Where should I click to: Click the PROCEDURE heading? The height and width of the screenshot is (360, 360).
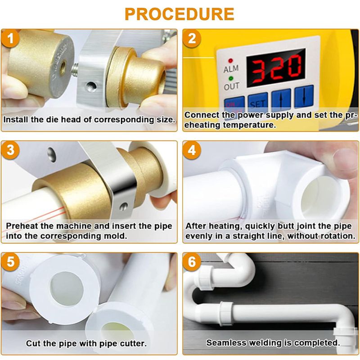pyautogui.click(x=180, y=14)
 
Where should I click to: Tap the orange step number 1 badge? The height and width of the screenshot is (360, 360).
pyautogui.click(x=10, y=38)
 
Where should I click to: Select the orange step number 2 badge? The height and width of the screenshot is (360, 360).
pyautogui.click(x=192, y=38)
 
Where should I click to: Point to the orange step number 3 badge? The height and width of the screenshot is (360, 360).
pyautogui.click(x=10, y=150)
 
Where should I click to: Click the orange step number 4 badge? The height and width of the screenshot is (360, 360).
pyautogui.click(x=192, y=150)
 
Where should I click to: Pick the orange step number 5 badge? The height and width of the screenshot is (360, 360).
pyautogui.click(x=10, y=262)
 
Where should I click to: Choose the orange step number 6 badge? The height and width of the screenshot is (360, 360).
pyautogui.click(x=192, y=262)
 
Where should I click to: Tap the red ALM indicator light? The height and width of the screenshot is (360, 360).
pyautogui.click(x=230, y=61)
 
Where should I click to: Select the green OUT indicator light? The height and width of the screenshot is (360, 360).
pyautogui.click(x=231, y=78)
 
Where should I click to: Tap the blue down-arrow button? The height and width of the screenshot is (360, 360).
pyautogui.click(x=304, y=97)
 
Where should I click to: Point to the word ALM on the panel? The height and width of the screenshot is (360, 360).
pyautogui.click(x=231, y=69)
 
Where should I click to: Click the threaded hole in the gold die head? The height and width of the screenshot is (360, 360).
pyautogui.click(x=63, y=68)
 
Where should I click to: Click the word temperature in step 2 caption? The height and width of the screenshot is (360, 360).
pyautogui.click(x=249, y=126)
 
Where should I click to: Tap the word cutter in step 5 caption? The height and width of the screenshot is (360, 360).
pyautogui.click(x=133, y=343)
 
